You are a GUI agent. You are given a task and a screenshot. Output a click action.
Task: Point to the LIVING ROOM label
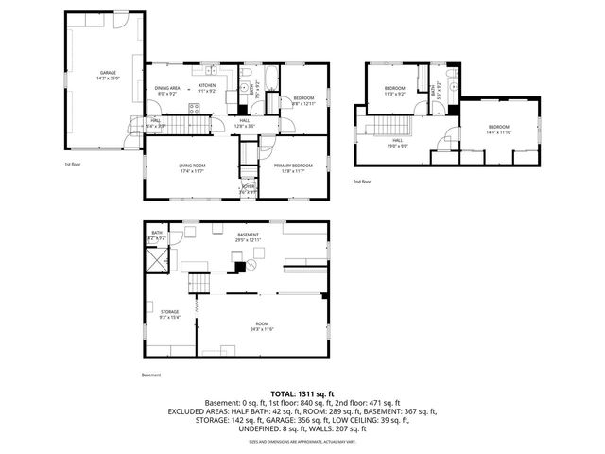[192, 166]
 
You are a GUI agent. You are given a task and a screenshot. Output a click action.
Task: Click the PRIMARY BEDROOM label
[292, 166]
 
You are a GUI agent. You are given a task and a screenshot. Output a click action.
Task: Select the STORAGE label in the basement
[169, 311]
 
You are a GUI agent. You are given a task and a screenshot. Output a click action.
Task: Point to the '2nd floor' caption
[362, 181]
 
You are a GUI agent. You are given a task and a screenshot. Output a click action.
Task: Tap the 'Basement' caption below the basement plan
[151, 375]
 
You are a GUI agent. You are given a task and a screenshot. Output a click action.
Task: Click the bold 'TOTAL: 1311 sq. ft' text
[302, 393]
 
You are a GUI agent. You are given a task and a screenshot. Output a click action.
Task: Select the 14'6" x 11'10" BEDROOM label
[498, 129]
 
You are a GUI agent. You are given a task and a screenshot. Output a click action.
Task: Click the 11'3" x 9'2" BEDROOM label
[394, 90]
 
